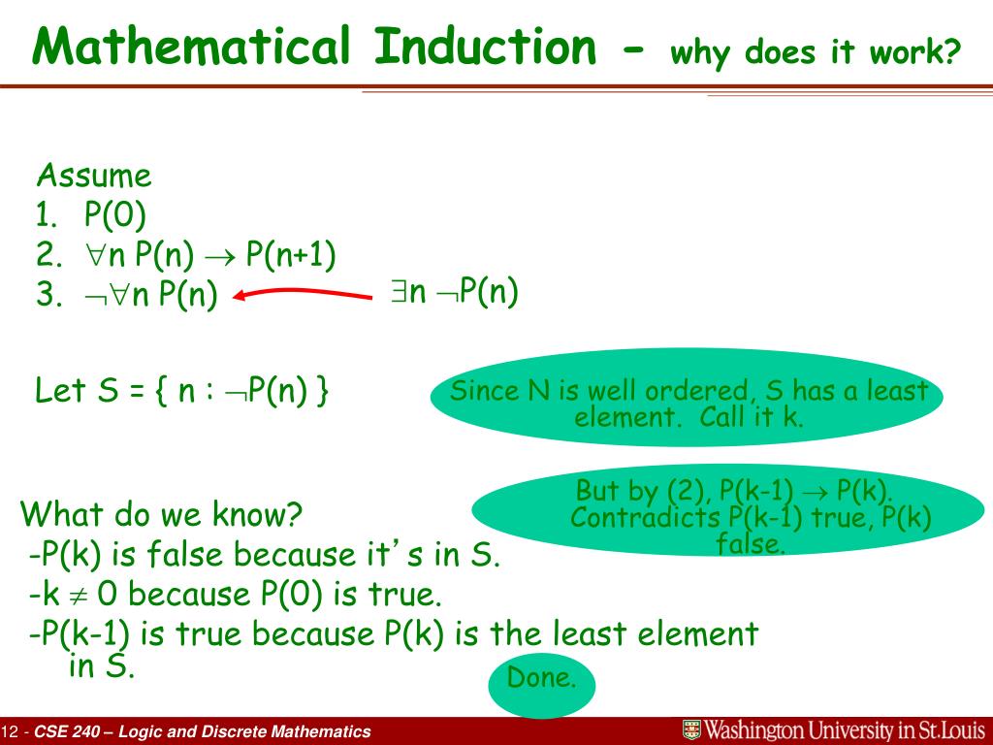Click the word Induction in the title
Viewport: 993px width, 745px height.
[486, 46]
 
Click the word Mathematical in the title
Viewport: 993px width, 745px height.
[190, 46]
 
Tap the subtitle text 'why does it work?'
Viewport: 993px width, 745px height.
[815, 51]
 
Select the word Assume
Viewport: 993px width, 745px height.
[94, 177]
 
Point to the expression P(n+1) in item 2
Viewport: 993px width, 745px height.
[290, 255]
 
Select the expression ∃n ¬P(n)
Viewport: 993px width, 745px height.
[455, 291]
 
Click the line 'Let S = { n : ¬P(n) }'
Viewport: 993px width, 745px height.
[182, 391]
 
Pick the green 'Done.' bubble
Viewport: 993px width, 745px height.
[540, 678]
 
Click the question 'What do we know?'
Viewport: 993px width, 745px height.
[162, 514]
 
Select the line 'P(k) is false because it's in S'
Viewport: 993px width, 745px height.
[265, 555]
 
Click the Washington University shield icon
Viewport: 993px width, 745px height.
[691, 730]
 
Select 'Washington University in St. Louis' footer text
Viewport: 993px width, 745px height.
[844, 730]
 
